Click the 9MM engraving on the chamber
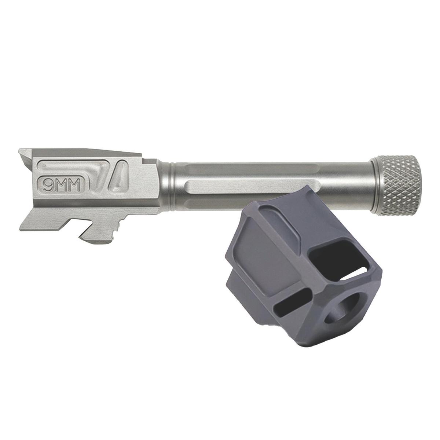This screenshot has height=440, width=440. (x=62, y=185)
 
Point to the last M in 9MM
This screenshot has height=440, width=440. (x=74, y=185)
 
